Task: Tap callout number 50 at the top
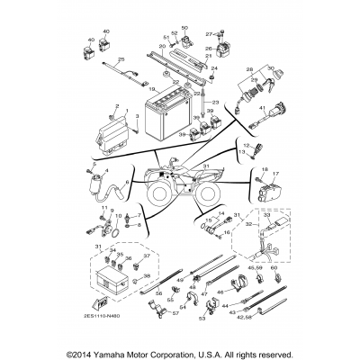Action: coord(184,29)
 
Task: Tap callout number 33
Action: coord(290,217)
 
